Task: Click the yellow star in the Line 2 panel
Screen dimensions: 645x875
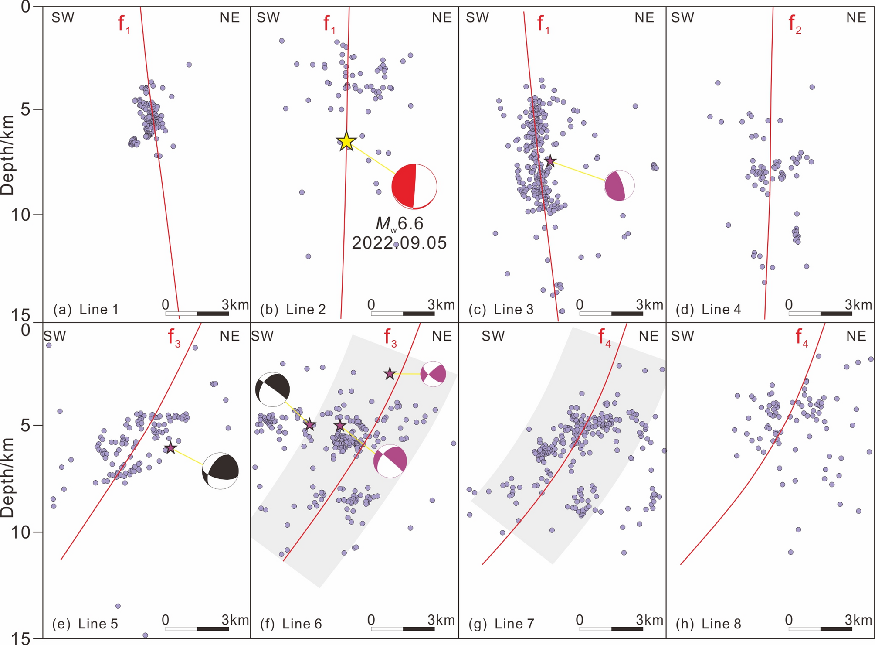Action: click(x=346, y=141)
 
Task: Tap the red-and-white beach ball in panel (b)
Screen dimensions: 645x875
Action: click(x=414, y=186)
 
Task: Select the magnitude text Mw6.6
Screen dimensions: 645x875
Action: click(x=400, y=224)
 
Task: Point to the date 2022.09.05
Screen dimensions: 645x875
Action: click(x=399, y=243)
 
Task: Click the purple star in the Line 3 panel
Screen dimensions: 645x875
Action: click(x=550, y=161)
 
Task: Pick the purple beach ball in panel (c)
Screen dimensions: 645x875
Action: click(x=619, y=186)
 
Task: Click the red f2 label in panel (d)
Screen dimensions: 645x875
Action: click(x=795, y=24)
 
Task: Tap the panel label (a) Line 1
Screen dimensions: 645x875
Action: click(x=86, y=310)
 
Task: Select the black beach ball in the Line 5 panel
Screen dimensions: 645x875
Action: click(x=220, y=471)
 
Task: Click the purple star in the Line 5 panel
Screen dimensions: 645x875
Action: click(x=171, y=447)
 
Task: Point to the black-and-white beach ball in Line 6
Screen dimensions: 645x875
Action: click(x=272, y=389)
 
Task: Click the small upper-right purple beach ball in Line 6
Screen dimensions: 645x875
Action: click(x=433, y=374)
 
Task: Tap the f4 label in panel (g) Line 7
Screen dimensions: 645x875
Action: click(x=604, y=337)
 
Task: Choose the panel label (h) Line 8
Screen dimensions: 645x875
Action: click(x=708, y=624)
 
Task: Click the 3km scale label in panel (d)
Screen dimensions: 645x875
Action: click(x=858, y=304)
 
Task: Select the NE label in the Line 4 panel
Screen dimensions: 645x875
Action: click(x=856, y=18)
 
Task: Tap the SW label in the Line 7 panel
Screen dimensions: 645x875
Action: click(x=493, y=336)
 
